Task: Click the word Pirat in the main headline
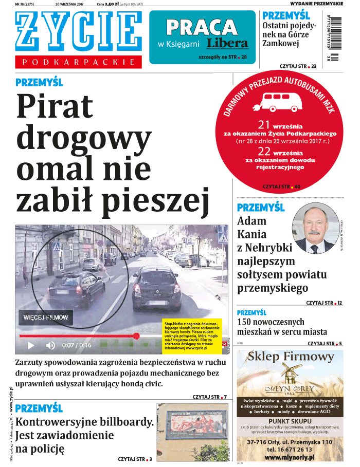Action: click(55, 107)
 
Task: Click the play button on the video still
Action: click(31, 345)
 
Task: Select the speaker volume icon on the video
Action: click(50, 345)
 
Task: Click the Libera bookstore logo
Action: click(227, 43)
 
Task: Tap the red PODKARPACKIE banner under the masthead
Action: click(78, 62)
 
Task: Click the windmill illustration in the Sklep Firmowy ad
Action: click(288, 376)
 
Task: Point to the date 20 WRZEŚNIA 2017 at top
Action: click(73, 4)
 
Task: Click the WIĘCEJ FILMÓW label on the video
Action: click(46, 318)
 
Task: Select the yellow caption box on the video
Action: click(192, 334)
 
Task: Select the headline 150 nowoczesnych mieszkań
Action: click(282, 327)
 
